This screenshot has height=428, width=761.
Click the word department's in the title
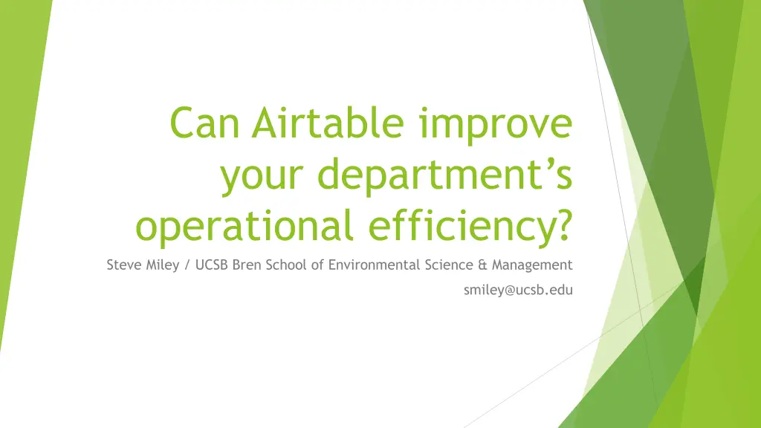click(x=445, y=174)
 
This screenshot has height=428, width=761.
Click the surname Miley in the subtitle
click(x=163, y=266)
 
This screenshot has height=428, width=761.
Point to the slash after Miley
click(x=187, y=265)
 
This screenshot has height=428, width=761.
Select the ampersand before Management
click(x=482, y=265)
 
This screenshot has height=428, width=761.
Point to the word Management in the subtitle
click(x=532, y=266)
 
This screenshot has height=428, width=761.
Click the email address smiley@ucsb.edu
click(x=518, y=291)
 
